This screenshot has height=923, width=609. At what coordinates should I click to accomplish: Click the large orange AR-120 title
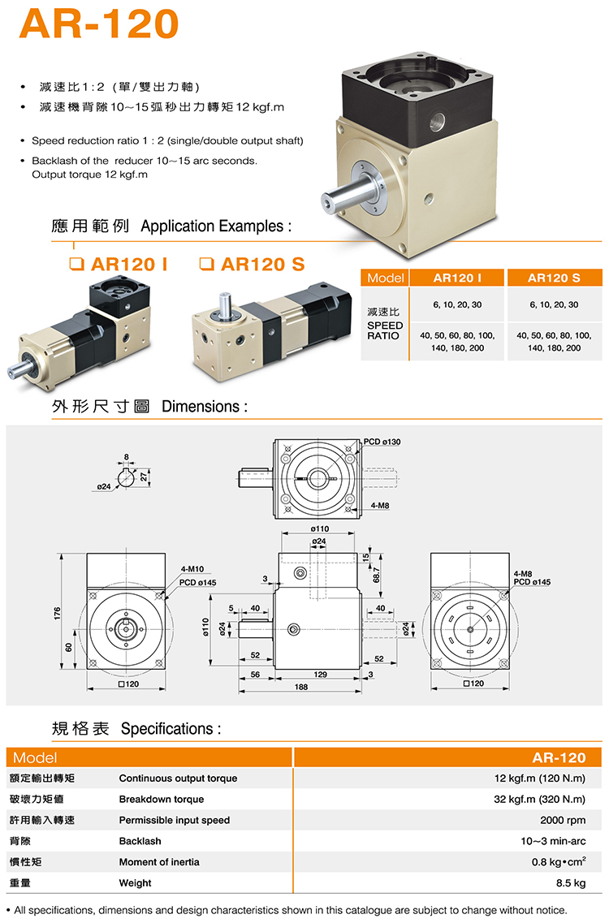point(99,24)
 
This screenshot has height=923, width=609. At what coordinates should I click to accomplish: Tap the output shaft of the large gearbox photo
point(344,195)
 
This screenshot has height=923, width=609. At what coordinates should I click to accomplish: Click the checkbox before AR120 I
point(76,264)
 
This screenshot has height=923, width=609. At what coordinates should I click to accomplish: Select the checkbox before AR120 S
point(206,264)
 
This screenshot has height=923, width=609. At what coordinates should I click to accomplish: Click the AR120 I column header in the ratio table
point(457,278)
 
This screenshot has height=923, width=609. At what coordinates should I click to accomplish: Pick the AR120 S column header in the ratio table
point(554,278)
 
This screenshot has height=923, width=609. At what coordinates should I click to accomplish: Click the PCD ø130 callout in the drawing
point(382,442)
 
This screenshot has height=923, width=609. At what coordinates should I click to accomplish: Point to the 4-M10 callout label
point(192,569)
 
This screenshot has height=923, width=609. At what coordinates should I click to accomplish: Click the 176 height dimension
point(57,613)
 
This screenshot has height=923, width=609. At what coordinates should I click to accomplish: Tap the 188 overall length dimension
point(301,687)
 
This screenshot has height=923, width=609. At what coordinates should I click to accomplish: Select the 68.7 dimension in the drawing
point(376,575)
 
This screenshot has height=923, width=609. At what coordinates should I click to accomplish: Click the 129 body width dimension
point(321,674)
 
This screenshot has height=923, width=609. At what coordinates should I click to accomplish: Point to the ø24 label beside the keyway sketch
point(104,487)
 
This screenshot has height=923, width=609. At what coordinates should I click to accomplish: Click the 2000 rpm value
point(563,820)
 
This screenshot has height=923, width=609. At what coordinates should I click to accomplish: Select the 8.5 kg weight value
point(571,883)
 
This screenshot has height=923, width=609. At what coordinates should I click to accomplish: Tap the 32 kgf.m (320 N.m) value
point(539,800)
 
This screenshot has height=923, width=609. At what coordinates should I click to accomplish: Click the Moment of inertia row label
point(159,862)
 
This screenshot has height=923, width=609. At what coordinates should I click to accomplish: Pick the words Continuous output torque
point(178,779)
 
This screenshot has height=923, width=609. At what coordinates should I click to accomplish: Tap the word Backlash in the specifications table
point(140,841)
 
